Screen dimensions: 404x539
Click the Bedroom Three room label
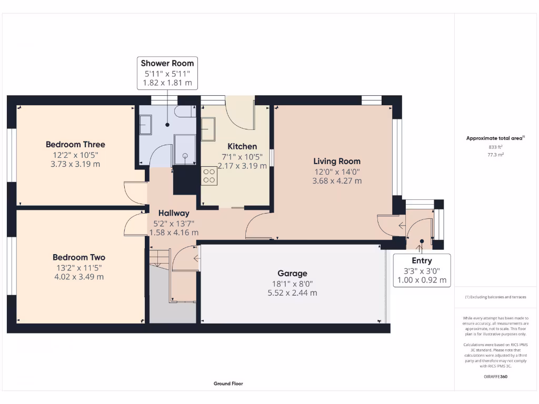coord(75,145)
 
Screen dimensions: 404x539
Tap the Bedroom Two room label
coord(79,257)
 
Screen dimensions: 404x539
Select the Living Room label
coord(337,161)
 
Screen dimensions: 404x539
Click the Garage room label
coord(292,274)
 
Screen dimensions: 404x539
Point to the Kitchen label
coord(242,146)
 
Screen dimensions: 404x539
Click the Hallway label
coord(174,213)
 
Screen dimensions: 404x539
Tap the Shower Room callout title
coord(167,63)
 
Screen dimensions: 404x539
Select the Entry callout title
coord(422,261)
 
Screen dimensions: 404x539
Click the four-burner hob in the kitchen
coord(208,175)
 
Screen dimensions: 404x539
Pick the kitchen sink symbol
coord(208,129)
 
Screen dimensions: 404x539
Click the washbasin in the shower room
coord(145,125)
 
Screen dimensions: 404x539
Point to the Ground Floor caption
coord(228,383)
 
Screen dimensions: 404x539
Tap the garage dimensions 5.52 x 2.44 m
coord(292,293)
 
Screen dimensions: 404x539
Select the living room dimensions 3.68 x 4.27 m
coord(337,181)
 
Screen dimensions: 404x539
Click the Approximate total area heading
coord(495,138)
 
